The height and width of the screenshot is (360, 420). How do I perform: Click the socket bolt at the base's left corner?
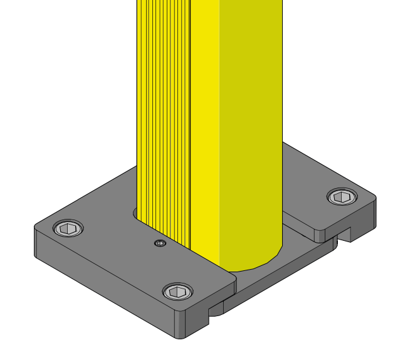point(69,228)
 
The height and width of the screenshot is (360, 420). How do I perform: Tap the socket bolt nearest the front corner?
point(178,291)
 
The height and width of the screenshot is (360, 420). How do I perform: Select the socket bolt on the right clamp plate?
point(342,197)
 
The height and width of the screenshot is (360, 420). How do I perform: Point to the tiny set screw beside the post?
point(160,243)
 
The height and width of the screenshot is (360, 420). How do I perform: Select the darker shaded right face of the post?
point(251,125)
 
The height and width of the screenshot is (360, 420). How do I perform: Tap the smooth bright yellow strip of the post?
point(204,125)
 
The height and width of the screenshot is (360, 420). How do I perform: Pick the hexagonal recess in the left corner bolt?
point(69,228)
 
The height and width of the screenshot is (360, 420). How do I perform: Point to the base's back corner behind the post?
point(285,144)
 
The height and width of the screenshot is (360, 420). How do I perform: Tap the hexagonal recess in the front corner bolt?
point(178,291)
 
